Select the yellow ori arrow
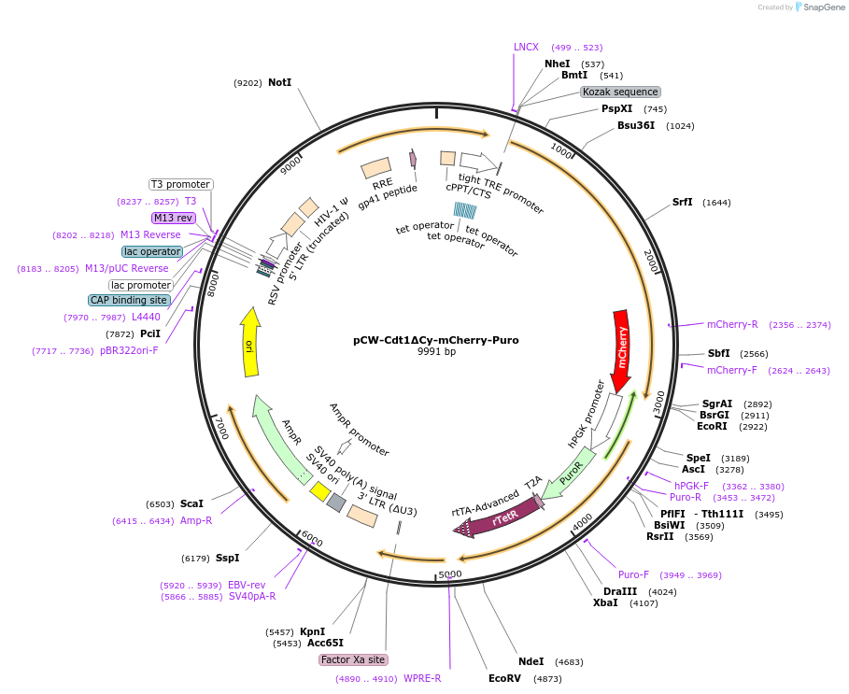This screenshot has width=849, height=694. tap(249, 344)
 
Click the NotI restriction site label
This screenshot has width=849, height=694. tap(279, 82)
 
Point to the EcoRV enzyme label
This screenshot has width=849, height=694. tap(505, 678)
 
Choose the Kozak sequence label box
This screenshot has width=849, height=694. tap(620, 92)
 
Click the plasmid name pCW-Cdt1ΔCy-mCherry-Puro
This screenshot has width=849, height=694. tap(436, 340)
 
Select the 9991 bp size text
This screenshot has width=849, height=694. tap(436, 352)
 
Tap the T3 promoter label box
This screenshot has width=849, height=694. tap(181, 184)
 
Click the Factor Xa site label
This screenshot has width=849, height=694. tap(353, 659)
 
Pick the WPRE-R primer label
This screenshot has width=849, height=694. tap(422, 678)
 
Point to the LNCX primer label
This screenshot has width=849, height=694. tap(526, 47)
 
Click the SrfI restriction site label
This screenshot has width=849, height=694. tap(683, 202)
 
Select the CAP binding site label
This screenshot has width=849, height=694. tap(130, 300)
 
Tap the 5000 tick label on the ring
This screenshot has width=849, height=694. tap(450, 574)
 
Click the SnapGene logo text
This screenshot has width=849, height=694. tap(822, 7)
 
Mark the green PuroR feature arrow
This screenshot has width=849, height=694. tap(568, 474)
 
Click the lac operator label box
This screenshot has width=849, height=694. tap(151, 251)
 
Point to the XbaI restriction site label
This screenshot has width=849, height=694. tap(605, 602)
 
